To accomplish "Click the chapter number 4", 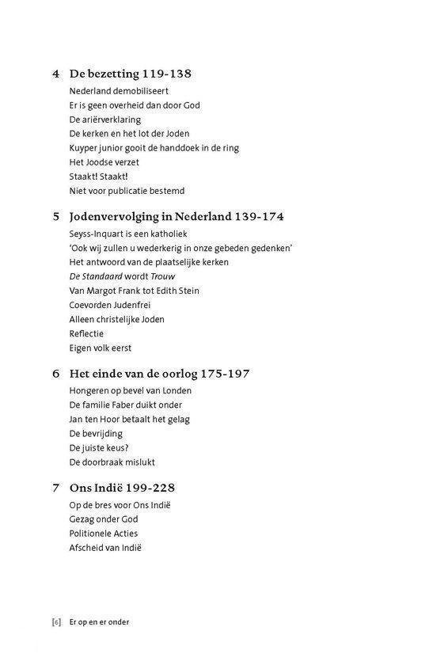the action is (55, 74).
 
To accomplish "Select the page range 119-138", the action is (167, 74).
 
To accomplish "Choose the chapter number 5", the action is (55, 216).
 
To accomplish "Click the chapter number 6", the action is (55, 373).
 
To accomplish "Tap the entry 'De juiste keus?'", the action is (98, 447).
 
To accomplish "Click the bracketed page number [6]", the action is (56, 621).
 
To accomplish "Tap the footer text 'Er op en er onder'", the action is (99, 621).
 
